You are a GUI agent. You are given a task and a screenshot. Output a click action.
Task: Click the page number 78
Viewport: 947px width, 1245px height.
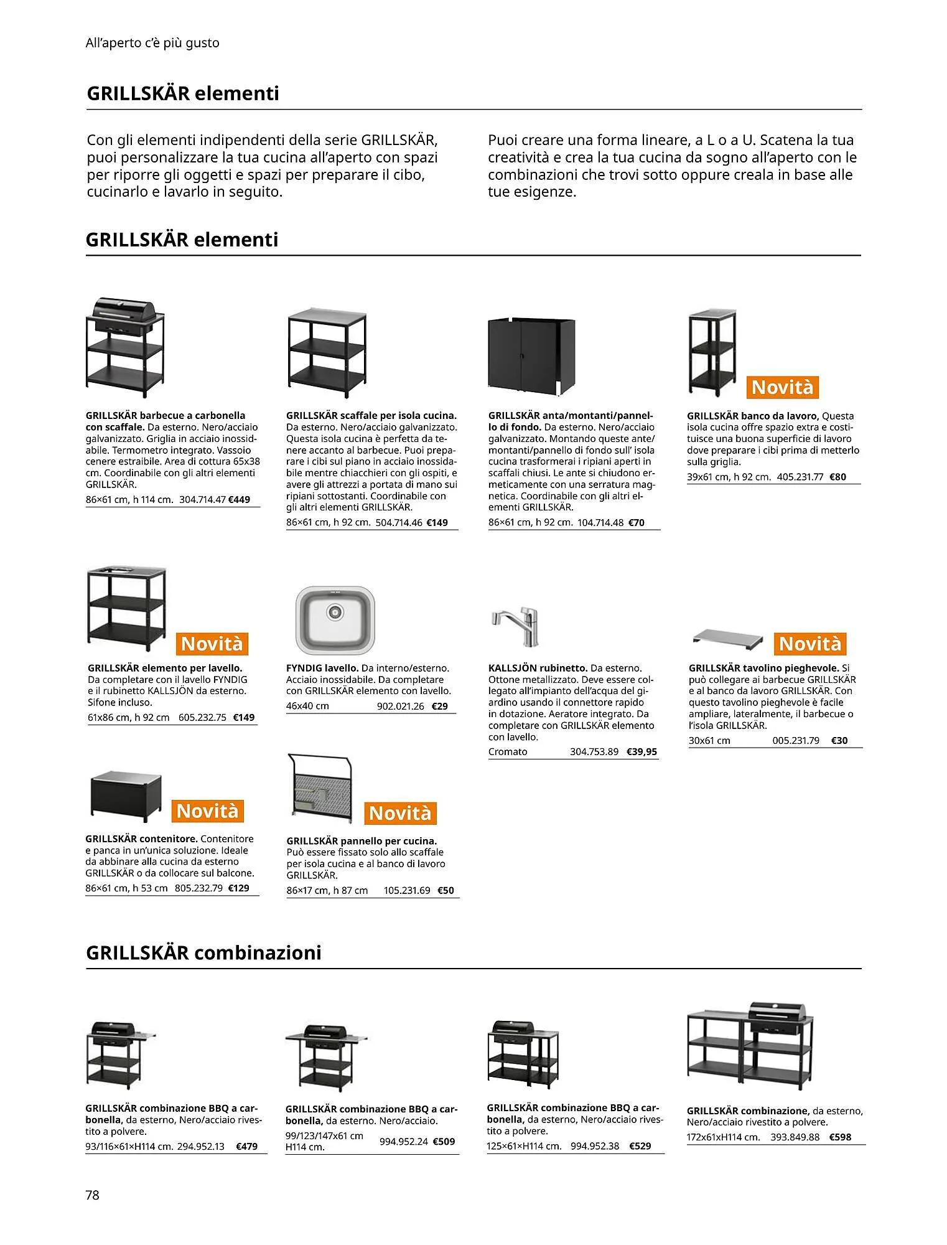click(x=93, y=1195)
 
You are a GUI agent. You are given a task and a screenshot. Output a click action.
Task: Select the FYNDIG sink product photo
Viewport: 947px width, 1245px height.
click(x=335, y=619)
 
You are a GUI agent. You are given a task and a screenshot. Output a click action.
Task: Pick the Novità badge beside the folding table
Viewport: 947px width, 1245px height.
click(x=809, y=643)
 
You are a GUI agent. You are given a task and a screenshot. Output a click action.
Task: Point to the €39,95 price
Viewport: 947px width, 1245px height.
click(x=641, y=751)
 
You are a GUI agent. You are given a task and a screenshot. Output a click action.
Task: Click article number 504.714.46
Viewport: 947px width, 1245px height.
click(x=399, y=522)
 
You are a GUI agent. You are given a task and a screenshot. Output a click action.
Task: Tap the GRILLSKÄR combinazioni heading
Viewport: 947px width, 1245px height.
click(x=203, y=953)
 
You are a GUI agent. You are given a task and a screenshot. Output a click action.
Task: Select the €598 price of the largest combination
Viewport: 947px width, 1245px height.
click(x=840, y=1137)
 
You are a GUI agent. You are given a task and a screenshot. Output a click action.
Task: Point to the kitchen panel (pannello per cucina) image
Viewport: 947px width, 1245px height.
click(x=320, y=788)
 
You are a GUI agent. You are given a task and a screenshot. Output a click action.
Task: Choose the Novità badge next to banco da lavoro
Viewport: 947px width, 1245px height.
click(x=782, y=387)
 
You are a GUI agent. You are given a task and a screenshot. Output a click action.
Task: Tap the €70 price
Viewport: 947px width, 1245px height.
click(x=637, y=522)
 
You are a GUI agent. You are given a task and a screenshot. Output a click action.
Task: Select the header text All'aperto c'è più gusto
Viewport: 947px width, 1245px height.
click(x=152, y=43)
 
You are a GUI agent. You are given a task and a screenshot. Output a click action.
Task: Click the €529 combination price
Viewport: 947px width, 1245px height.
click(x=640, y=1146)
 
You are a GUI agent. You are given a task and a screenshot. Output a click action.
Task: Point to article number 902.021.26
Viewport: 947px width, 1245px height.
click(x=401, y=706)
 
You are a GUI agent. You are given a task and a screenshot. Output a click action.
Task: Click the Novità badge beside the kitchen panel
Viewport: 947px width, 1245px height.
click(x=400, y=813)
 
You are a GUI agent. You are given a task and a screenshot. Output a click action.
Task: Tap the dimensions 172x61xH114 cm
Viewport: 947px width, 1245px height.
click(x=724, y=1137)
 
